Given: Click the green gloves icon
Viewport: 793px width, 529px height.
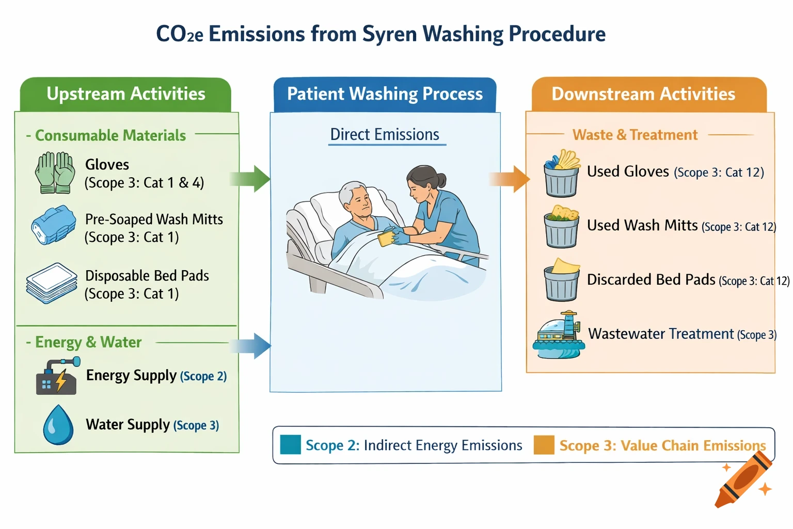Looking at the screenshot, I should pos(55,173).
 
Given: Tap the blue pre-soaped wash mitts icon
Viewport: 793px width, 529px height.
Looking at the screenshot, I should pos(53,225).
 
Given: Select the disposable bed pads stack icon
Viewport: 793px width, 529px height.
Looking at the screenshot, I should pos(52,283).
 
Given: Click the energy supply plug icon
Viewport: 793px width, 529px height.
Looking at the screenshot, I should pos(57,377).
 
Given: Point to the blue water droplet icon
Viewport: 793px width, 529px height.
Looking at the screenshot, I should pos(58,425).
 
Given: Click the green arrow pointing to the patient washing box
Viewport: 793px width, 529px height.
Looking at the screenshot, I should pos(251,179).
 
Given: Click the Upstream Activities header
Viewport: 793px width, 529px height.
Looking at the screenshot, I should pos(125,94).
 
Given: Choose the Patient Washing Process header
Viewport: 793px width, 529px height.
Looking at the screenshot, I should pos(385,94).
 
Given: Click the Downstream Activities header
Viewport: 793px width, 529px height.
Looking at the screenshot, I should pos(643,94).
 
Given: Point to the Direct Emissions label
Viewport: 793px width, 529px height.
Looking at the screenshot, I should pos(385,135).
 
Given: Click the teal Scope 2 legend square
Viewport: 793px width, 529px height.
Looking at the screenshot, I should pos(290,445).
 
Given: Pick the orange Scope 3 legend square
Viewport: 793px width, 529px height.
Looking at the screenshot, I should pos(544,445).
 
